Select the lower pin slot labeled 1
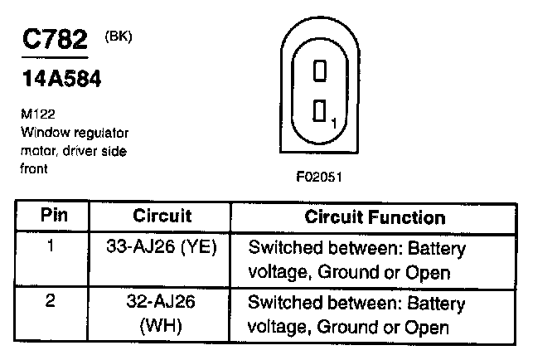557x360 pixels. [320, 112]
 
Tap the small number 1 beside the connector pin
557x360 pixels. [333, 124]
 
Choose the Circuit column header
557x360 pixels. [162, 217]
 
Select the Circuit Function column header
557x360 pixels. [375, 217]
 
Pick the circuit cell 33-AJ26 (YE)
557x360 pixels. [162, 248]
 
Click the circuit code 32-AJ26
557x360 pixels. [162, 302]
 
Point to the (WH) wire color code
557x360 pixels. [162, 327]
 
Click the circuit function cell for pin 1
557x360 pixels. [357, 260]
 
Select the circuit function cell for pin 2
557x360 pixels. [357, 314]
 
